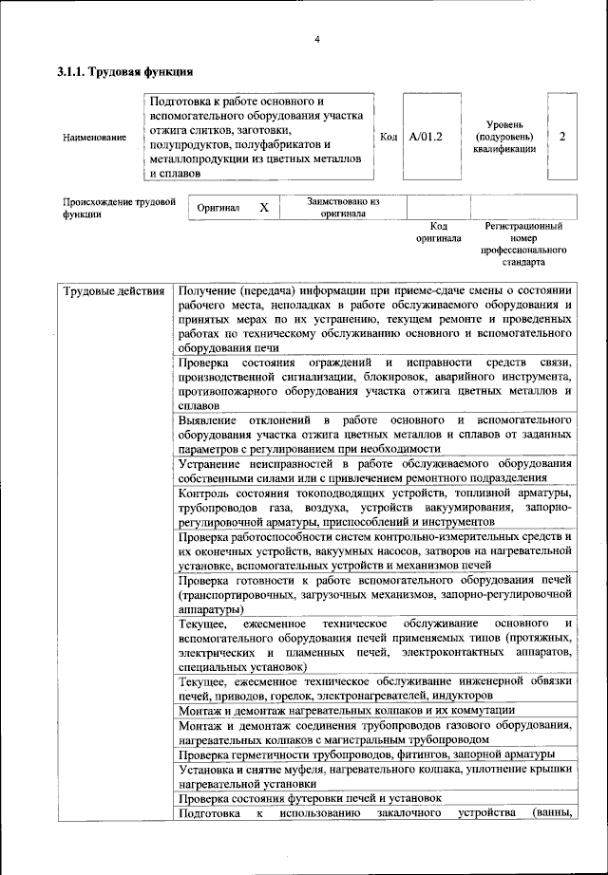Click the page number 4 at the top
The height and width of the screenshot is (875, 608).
pyautogui.click(x=316, y=39)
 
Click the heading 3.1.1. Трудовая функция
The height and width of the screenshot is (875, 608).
pyautogui.click(x=125, y=71)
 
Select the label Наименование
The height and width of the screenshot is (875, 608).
pyautogui.click(x=94, y=138)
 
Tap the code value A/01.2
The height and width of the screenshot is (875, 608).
pyautogui.click(x=426, y=137)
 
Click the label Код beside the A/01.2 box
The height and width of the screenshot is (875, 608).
pyautogui.click(x=389, y=137)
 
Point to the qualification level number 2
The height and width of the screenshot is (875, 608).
pyautogui.click(x=562, y=137)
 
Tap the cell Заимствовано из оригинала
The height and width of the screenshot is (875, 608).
pyautogui.click(x=343, y=207)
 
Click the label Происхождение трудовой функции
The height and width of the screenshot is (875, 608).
pyautogui.click(x=120, y=207)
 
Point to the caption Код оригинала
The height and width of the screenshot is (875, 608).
pyautogui.click(x=438, y=233)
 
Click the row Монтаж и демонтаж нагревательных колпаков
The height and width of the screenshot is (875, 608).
pyautogui.click(x=347, y=710)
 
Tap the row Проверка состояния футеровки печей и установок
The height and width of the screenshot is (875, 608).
pyautogui.click(x=310, y=799)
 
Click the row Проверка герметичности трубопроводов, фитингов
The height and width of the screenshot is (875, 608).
pyautogui.click(x=367, y=754)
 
